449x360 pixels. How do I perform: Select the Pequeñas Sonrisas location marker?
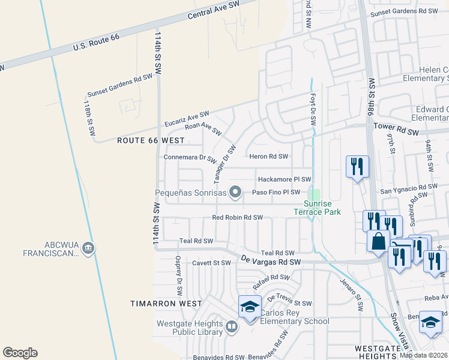(236, 193)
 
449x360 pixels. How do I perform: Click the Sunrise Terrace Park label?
(317, 208)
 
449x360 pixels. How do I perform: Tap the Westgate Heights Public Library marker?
(232, 327)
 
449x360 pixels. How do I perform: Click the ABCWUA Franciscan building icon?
(88, 248)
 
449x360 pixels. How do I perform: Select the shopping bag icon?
(378, 241)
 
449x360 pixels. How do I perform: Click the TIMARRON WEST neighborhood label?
(166, 304)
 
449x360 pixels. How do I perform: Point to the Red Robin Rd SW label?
(238, 217)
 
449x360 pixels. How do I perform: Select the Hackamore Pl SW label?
(284, 179)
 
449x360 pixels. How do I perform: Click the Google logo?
(20, 353)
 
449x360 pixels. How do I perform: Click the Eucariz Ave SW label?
(187, 118)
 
